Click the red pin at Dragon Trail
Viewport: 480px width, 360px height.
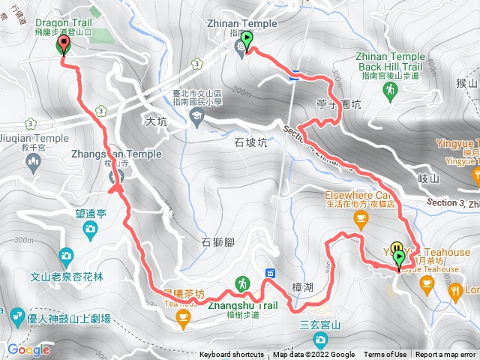(x=63, y=45)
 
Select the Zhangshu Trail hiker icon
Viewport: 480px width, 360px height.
(x=242, y=284)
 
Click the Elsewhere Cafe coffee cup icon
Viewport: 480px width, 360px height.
(x=361, y=218)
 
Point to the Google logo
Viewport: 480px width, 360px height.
(x=28, y=349)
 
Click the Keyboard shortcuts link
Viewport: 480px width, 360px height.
(x=232, y=355)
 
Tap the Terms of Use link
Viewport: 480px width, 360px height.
(x=385, y=355)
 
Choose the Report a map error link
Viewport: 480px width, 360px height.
(x=446, y=355)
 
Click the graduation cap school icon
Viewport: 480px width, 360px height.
(x=196, y=115)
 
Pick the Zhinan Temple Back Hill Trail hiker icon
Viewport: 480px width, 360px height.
(x=390, y=91)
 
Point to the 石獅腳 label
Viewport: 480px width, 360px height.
(x=218, y=241)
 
